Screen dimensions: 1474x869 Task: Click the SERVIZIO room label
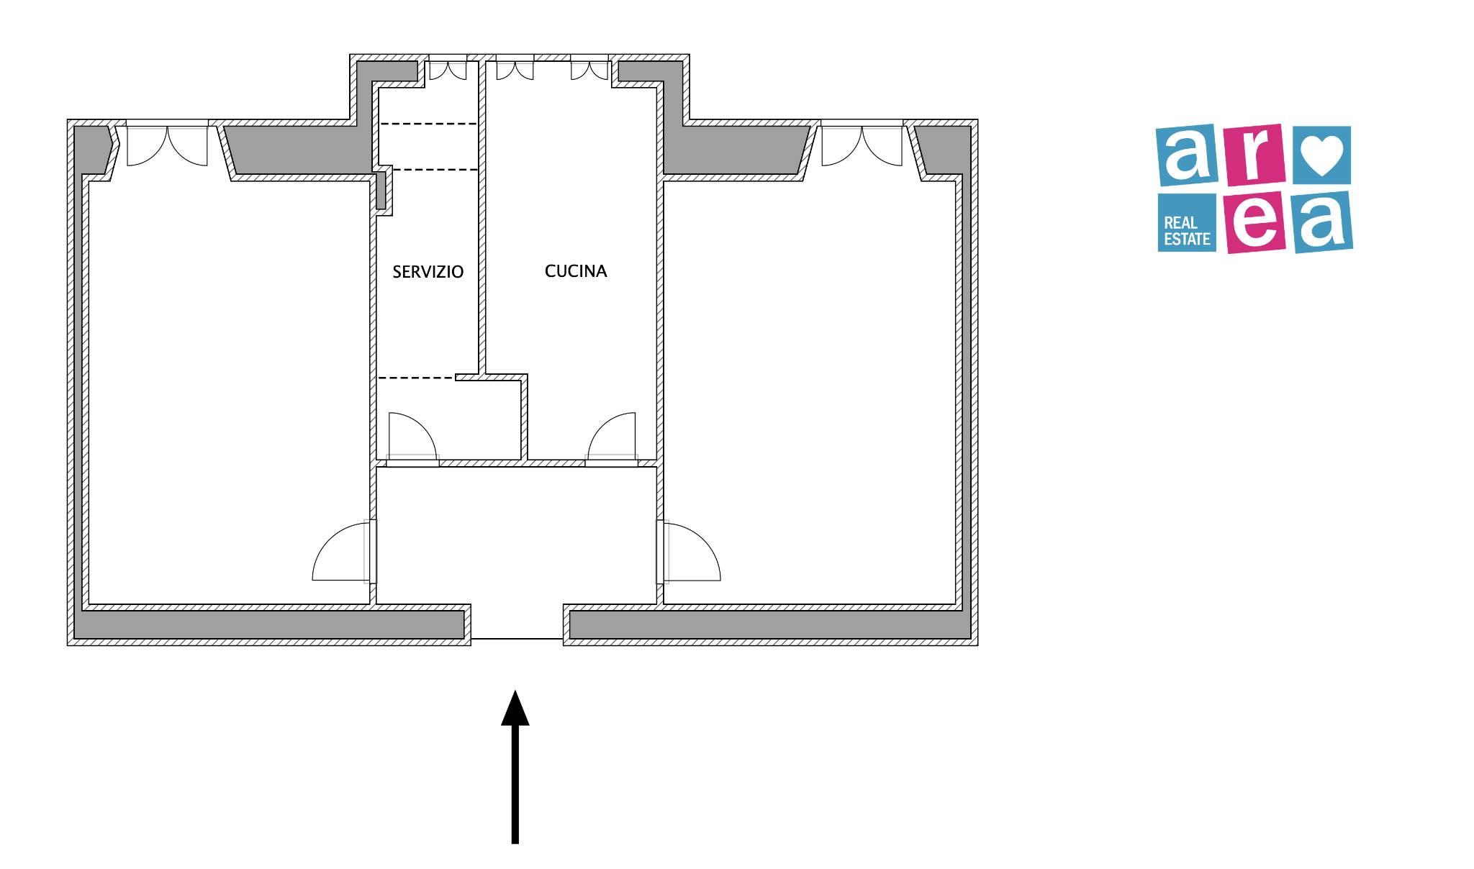tap(428, 272)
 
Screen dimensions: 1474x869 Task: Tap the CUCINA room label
tap(576, 271)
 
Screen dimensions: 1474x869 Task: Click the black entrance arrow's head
tap(515, 707)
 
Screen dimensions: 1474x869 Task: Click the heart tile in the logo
tap(1322, 155)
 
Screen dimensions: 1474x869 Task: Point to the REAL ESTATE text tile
tap(1187, 223)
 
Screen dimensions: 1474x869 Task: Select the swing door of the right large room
tap(689, 552)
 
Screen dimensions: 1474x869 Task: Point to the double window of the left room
tap(167, 144)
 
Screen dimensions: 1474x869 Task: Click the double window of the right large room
tap(862, 144)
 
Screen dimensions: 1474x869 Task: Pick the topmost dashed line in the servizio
tap(428, 124)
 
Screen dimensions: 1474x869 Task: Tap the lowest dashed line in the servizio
tap(416, 378)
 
